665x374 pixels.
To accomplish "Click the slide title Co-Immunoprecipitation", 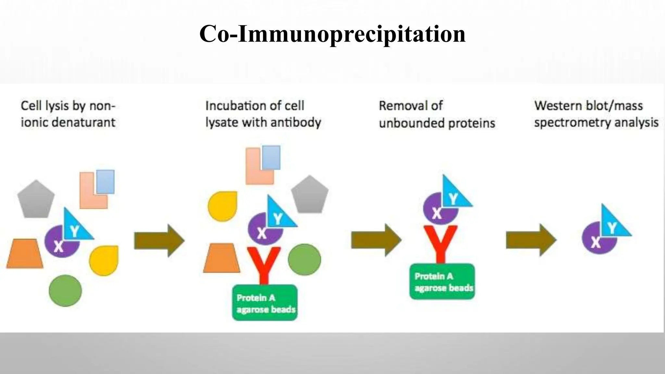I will click(x=332, y=34).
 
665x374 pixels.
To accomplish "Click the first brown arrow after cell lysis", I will click(x=159, y=241).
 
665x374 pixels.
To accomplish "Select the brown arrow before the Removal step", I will click(x=376, y=240).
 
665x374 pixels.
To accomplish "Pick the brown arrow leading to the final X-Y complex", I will click(x=531, y=240).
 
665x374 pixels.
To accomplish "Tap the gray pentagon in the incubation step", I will click(x=309, y=195).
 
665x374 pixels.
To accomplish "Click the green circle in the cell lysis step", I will click(x=65, y=291).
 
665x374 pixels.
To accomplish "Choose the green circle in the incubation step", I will click(x=304, y=260).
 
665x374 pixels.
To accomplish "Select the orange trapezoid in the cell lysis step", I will click(x=25, y=254).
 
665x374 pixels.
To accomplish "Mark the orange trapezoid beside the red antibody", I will click(x=222, y=258).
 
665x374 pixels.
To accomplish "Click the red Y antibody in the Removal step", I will click(x=441, y=242).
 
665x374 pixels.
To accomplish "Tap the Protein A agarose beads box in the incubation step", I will click(x=265, y=303).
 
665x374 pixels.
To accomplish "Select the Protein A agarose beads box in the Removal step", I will click(x=442, y=281).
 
